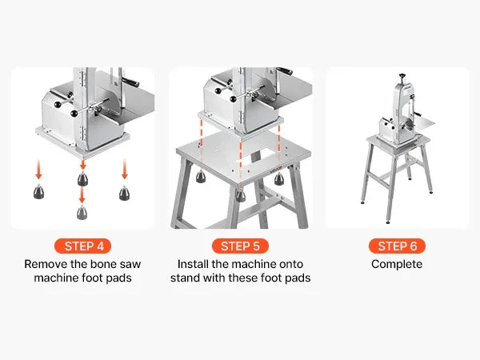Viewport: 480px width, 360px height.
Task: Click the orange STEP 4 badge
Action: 82,246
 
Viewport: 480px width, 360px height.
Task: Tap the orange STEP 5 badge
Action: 240,246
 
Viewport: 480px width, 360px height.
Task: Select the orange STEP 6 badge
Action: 397,246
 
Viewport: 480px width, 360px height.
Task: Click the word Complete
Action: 397,264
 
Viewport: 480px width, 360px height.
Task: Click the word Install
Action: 193,264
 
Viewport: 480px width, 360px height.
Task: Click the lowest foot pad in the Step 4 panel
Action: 82,212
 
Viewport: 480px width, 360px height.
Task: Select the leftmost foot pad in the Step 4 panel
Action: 38,192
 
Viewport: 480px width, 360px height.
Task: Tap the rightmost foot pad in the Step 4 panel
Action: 124,193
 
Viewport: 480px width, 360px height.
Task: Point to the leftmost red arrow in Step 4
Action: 38,169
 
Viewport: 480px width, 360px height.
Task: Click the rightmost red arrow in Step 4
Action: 124,169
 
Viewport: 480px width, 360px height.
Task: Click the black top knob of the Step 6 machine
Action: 402,75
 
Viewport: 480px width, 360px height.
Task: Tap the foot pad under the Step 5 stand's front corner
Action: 241,196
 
